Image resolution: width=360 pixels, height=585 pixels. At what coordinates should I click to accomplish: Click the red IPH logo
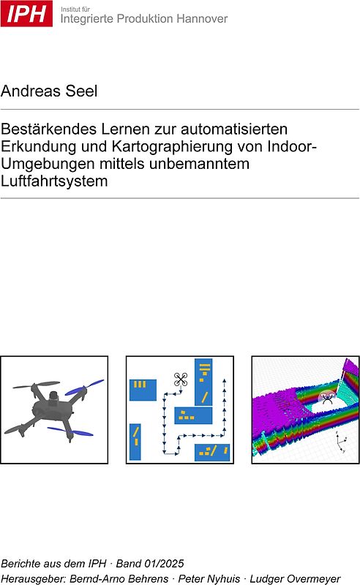(x=26, y=13)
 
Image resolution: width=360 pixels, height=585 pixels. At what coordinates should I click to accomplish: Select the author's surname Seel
(x=81, y=91)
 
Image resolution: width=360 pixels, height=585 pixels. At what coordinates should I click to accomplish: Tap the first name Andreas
(x=32, y=91)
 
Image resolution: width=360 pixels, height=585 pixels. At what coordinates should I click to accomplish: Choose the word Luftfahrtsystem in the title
(x=55, y=181)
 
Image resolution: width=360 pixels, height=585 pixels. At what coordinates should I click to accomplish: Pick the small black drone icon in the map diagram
(x=180, y=379)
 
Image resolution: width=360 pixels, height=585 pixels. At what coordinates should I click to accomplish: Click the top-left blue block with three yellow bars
(x=143, y=389)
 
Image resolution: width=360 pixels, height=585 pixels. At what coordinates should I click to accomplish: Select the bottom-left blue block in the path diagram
(x=136, y=443)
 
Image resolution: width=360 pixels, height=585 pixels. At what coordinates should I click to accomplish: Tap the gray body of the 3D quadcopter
(x=50, y=405)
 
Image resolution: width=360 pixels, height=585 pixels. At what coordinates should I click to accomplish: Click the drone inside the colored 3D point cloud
(x=327, y=399)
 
